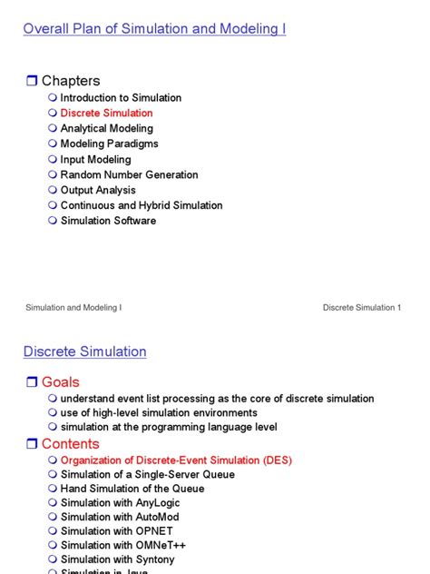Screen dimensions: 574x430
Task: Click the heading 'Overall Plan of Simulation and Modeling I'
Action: [154, 29]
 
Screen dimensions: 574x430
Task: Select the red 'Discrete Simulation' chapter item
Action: [106, 114]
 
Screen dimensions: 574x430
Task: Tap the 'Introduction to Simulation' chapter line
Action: [121, 98]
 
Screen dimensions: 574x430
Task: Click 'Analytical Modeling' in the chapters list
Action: [106, 129]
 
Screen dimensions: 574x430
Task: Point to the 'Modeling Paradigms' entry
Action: [109, 144]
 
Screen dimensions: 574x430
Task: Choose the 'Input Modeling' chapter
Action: [95, 160]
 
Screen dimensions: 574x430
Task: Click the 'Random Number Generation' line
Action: [129, 174]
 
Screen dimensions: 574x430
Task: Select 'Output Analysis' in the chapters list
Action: [98, 190]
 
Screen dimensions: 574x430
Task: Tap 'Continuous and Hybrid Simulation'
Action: [141, 205]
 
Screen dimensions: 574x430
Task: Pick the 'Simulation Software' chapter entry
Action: [108, 221]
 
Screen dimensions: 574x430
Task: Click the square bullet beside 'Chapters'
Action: [31, 82]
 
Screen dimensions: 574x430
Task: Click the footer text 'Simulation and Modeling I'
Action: [73, 308]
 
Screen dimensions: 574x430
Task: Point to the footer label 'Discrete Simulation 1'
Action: [361, 308]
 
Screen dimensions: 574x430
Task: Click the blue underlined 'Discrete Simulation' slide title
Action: [84, 351]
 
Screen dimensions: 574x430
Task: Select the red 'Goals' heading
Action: [60, 382]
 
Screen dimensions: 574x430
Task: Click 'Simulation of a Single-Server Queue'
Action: [147, 475]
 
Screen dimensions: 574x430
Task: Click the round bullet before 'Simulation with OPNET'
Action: [53, 531]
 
